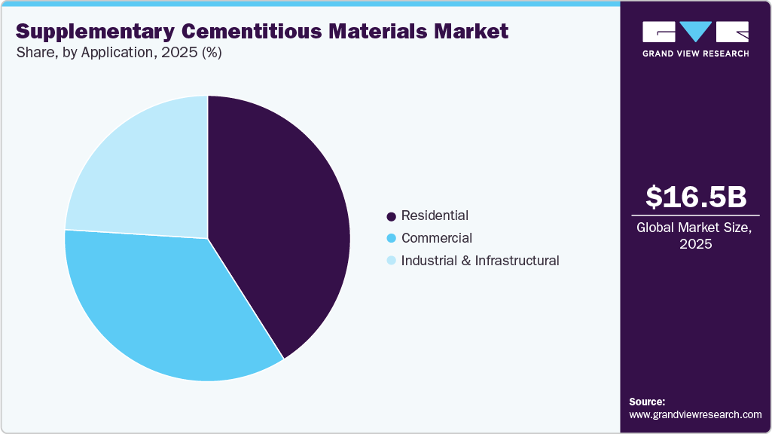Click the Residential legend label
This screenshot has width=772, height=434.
coord(435,216)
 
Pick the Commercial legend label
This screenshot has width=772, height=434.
coord(437,239)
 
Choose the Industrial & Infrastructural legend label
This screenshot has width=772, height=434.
coord(480,261)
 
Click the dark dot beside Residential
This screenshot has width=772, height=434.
coord(391,217)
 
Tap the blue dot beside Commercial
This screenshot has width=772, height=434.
coord(391,240)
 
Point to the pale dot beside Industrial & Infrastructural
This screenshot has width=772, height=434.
coord(391,262)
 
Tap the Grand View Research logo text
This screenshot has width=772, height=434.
coord(696,53)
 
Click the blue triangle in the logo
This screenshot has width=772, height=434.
coord(696,31)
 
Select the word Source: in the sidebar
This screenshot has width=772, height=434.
coord(647,402)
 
